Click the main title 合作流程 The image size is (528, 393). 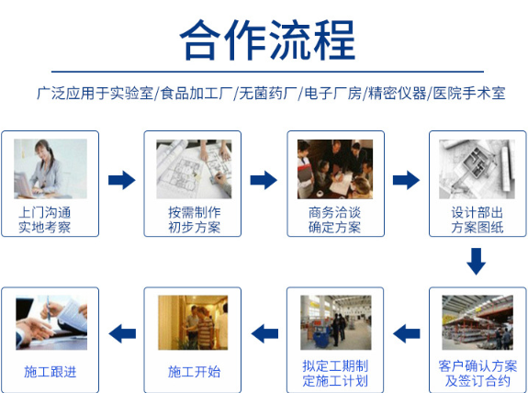[x=268, y=39]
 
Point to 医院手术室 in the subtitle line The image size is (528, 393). [x=469, y=94]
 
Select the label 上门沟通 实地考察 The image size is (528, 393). [x=44, y=219]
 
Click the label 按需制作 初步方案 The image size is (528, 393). [x=195, y=219]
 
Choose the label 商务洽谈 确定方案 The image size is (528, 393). [x=335, y=219]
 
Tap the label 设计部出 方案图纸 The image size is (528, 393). [x=477, y=219]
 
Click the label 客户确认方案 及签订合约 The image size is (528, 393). [x=477, y=374]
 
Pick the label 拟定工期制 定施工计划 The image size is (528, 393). [x=335, y=374]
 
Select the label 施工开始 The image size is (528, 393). [x=194, y=372]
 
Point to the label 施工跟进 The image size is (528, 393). [x=51, y=372]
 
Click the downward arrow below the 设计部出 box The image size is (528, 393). [x=477, y=262]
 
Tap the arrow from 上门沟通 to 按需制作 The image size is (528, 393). [x=122, y=180]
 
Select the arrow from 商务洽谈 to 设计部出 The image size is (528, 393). [x=407, y=180]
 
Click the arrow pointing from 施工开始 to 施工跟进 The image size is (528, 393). [x=122, y=333]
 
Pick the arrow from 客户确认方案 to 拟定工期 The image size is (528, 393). [x=407, y=333]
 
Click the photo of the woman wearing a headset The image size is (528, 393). [x=51, y=169]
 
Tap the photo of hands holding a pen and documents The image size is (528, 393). [x=51, y=322]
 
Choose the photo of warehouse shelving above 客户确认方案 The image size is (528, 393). [x=477, y=322]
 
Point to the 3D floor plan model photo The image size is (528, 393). [x=477, y=169]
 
